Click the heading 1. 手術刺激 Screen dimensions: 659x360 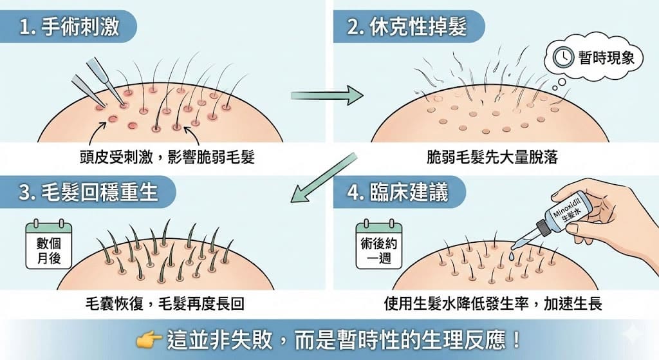point(70,27)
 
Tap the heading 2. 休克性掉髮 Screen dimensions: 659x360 point(407,27)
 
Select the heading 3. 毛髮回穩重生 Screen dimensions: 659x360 point(88,192)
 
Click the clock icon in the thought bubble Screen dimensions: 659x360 point(562,57)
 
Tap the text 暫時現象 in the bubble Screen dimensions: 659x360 point(606,57)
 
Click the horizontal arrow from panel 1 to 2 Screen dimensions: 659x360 point(327,96)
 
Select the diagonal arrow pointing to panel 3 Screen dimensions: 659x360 point(324,178)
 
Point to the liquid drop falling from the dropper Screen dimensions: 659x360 point(511,255)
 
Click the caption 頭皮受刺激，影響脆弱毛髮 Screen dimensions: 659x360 point(167,157)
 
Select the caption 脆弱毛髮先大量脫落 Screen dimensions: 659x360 point(492,157)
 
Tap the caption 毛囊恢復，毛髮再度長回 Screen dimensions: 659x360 point(165,303)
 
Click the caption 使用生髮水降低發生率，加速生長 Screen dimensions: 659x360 point(493,303)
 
